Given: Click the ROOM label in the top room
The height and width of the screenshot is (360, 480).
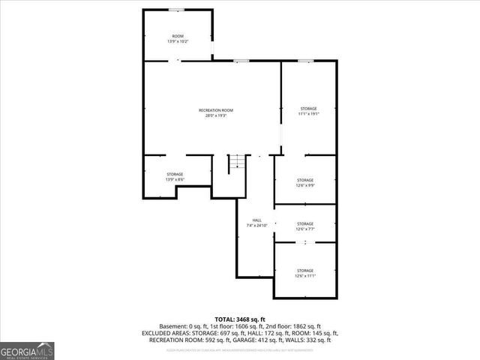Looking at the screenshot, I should [x=178, y=36].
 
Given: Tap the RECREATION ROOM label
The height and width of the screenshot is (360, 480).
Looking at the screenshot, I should [x=215, y=111].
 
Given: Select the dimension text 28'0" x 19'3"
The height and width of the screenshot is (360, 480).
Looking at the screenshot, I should [x=215, y=116].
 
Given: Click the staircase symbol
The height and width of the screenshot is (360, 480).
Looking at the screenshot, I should [x=237, y=162].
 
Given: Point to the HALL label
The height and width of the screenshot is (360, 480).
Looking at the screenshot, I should [x=256, y=220].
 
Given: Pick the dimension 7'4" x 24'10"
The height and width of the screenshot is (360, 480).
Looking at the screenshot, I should [x=256, y=226].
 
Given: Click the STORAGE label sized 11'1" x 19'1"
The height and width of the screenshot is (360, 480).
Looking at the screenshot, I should [x=308, y=109].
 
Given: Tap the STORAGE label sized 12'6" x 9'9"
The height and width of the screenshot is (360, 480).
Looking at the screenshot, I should [x=304, y=180].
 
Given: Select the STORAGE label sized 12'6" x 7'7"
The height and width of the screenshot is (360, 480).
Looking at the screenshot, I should [x=304, y=224].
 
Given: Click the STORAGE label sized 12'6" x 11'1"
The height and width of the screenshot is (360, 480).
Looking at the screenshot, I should [x=304, y=270].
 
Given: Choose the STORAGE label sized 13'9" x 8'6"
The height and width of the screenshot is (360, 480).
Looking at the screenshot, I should [x=175, y=175].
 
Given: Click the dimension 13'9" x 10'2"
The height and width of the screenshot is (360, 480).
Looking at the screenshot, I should [x=178, y=41].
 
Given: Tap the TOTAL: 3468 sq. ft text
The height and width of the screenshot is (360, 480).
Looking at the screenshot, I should [x=240, y=319].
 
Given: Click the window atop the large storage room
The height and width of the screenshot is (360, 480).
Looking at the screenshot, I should [x=305, y=61].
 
